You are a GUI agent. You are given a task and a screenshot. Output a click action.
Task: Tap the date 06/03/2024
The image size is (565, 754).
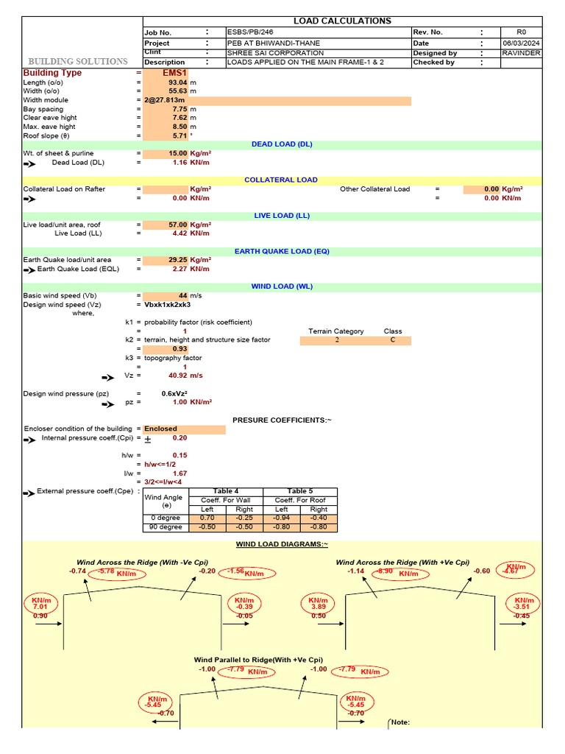pyautogui.click(x=521, y=43)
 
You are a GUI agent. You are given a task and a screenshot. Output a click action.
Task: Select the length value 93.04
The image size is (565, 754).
pyautogui.click(x=178, y=83)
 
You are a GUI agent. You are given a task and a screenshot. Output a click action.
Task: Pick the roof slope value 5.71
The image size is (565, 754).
pyautogui.click(x=180, y=135)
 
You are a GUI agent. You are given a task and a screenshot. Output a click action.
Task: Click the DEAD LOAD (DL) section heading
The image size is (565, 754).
pyautogui.click(x=282, y=144)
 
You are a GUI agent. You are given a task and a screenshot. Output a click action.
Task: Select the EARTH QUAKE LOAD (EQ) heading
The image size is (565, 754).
pyautogui.click(x=282, y=251)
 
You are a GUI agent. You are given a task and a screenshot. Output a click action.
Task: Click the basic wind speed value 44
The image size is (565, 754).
pyautogui.click(x=183, y=296)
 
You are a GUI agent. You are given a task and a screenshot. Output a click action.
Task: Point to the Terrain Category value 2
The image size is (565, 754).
pyautogui.click(x=337, y=341)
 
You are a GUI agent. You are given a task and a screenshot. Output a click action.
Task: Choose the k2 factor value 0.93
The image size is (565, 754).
pyautogui.click(x=180, y=349)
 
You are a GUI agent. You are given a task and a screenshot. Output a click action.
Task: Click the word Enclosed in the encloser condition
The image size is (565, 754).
pyautogui.click(x=160, y=429)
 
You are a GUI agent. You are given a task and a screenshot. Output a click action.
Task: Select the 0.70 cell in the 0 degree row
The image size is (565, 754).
pyautogui.click(x=207, y=518)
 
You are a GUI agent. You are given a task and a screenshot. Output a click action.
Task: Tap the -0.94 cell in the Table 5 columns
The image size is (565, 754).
pyautogui.click(x=282, y=518)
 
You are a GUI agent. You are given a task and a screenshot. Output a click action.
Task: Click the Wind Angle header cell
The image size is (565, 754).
pyautogui.click(x=166, y=501)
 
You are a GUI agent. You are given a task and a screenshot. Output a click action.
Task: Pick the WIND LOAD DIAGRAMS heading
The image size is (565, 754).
pyautogui.click(x=282, y=544)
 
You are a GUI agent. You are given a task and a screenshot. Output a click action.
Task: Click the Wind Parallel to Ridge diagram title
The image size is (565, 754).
pyautogui.click(x=258, y=660)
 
